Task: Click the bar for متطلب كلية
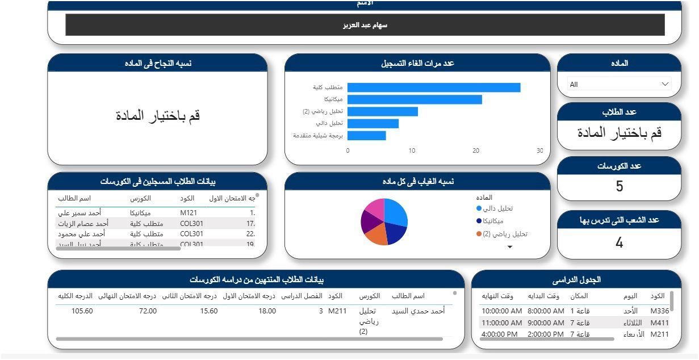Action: [x=433, y=87]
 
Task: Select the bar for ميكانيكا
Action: [x=415, y=99]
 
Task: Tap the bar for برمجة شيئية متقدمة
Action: [x=366, y=136]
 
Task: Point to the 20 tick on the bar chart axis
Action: [x=476, y=151]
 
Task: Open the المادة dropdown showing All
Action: [x=619, y=85]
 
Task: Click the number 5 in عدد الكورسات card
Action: [x=619, y=186]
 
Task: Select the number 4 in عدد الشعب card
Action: [x=619, y=243]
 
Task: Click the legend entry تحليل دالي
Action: [x=497, y=208]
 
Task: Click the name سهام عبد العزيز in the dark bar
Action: [x=365, y=25]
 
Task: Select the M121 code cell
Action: [x=189, y=213]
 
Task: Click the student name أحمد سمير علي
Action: [x=79, y=213]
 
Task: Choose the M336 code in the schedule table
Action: [x=659, y=311]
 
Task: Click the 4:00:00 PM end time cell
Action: [x=499, y=334]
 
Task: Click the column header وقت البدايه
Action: [x=543, y=296]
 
